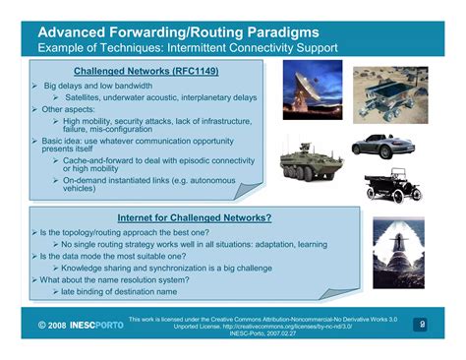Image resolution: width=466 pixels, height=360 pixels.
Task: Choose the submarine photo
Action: tap(397, 240)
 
